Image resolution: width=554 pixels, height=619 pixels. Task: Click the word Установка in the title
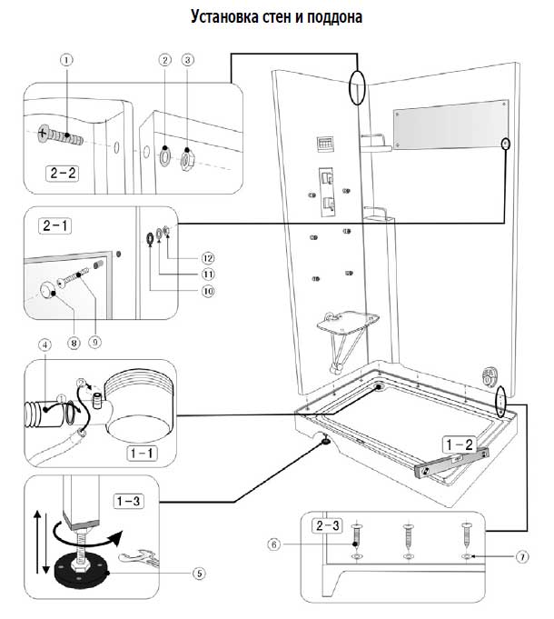[x=224, y=17]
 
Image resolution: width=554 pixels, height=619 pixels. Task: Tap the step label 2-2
[x=63, y=174]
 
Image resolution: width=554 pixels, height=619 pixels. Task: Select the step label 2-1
[x=55, y=225]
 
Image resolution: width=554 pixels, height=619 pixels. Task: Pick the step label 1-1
[x=142, y=453]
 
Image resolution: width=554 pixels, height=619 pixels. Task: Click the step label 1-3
[x=129, y=502]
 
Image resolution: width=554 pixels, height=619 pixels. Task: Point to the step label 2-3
[x=327, y=525]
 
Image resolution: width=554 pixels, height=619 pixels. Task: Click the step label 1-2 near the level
[x=459, y=444]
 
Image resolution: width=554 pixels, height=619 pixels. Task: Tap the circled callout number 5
[x=199, y=574]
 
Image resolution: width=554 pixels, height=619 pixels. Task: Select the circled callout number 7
[x=522, y=556]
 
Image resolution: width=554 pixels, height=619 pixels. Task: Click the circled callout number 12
[x=208, y=258]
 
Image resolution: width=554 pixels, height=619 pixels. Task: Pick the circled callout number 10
[x=208, y=292]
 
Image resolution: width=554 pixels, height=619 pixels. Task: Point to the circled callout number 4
[x=45, y=345]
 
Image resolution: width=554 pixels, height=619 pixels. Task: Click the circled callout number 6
[x=273, y=544]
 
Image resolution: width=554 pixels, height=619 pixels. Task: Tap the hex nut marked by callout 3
[x=186, y=159]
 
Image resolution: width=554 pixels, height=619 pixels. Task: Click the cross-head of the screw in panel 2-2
[x=42, y=134]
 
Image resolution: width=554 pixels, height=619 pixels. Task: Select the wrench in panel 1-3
[x=140, y=556]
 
